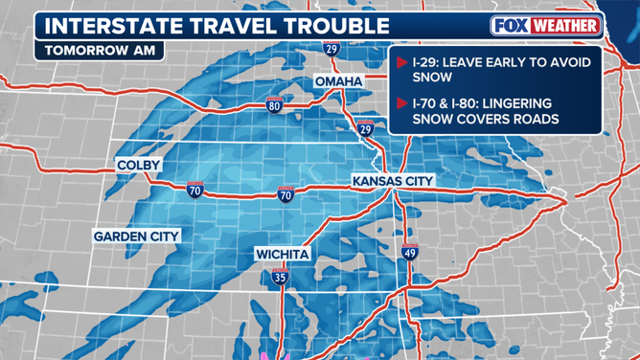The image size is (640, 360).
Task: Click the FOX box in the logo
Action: coord(513,26)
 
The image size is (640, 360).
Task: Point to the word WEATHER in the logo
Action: coord(565,26)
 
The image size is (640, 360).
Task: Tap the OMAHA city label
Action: coord(339,82)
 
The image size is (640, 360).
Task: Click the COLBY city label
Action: coord(139,166)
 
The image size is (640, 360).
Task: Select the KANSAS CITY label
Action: coord(393,181)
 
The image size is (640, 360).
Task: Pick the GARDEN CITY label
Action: coord(137,236)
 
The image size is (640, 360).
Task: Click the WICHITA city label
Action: coord(282,254)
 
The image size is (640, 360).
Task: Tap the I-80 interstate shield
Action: coord(275,105)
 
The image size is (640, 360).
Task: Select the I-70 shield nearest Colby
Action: coord(195,190)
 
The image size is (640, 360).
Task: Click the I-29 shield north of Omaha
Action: coord(331,48)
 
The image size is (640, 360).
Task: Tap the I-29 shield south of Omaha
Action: coord(365,128)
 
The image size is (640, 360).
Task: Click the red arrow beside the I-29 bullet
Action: coord(401,63)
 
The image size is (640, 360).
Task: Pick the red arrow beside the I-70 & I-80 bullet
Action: coord(401,102)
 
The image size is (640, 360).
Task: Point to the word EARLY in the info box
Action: coord(502,63)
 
